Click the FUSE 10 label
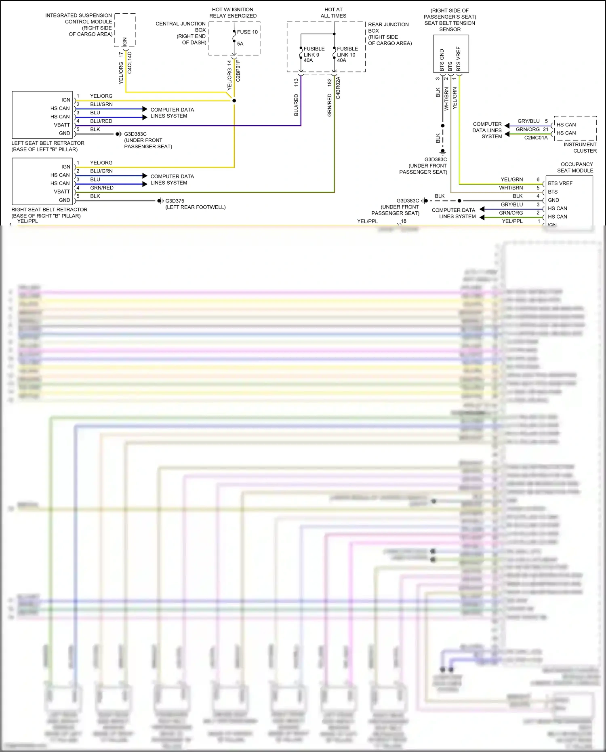click(247, 32)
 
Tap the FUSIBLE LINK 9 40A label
click(314, 55)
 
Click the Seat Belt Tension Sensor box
click(451, 53)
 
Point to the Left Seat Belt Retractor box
click(42, 115)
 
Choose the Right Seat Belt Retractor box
click(42, 181)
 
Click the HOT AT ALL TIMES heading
click(333, 13)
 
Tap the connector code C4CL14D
click(130, 62)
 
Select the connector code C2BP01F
click(238, 71)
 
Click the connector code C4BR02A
click(338, 88)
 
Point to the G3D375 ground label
click(175, 201)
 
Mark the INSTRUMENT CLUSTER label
click(580, 147)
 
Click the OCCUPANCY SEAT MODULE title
click(576, 167)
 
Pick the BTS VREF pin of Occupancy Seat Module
click(560, 183)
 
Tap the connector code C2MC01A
click(536, 138)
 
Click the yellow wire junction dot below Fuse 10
click(234, 101)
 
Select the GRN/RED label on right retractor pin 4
click(102, 188)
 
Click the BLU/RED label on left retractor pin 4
click(101, 121)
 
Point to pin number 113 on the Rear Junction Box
click(296, 82)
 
